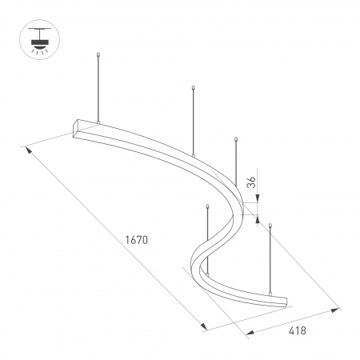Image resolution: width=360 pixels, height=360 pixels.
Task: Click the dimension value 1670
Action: pyautogui.click(x=138, y=239)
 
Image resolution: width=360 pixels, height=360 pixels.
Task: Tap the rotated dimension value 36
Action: pyautogui.click(x=250, y=182)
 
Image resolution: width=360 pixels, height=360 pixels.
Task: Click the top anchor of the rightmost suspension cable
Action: pyautogui.click(x=271, y=226)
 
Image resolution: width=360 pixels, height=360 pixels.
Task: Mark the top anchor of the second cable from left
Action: pyautogui.click(x=194, y=87)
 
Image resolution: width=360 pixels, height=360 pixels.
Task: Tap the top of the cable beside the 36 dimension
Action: pyautogui.click(x=236, y=141)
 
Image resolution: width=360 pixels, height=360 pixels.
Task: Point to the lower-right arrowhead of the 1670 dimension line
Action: pyautogui.click(x=206, y=328)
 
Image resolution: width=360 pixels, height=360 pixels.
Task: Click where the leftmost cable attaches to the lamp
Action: pyautogui.click(x=98, y=122)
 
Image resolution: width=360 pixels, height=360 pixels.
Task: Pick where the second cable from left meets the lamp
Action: pyautogui.click(x=194, y=153)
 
